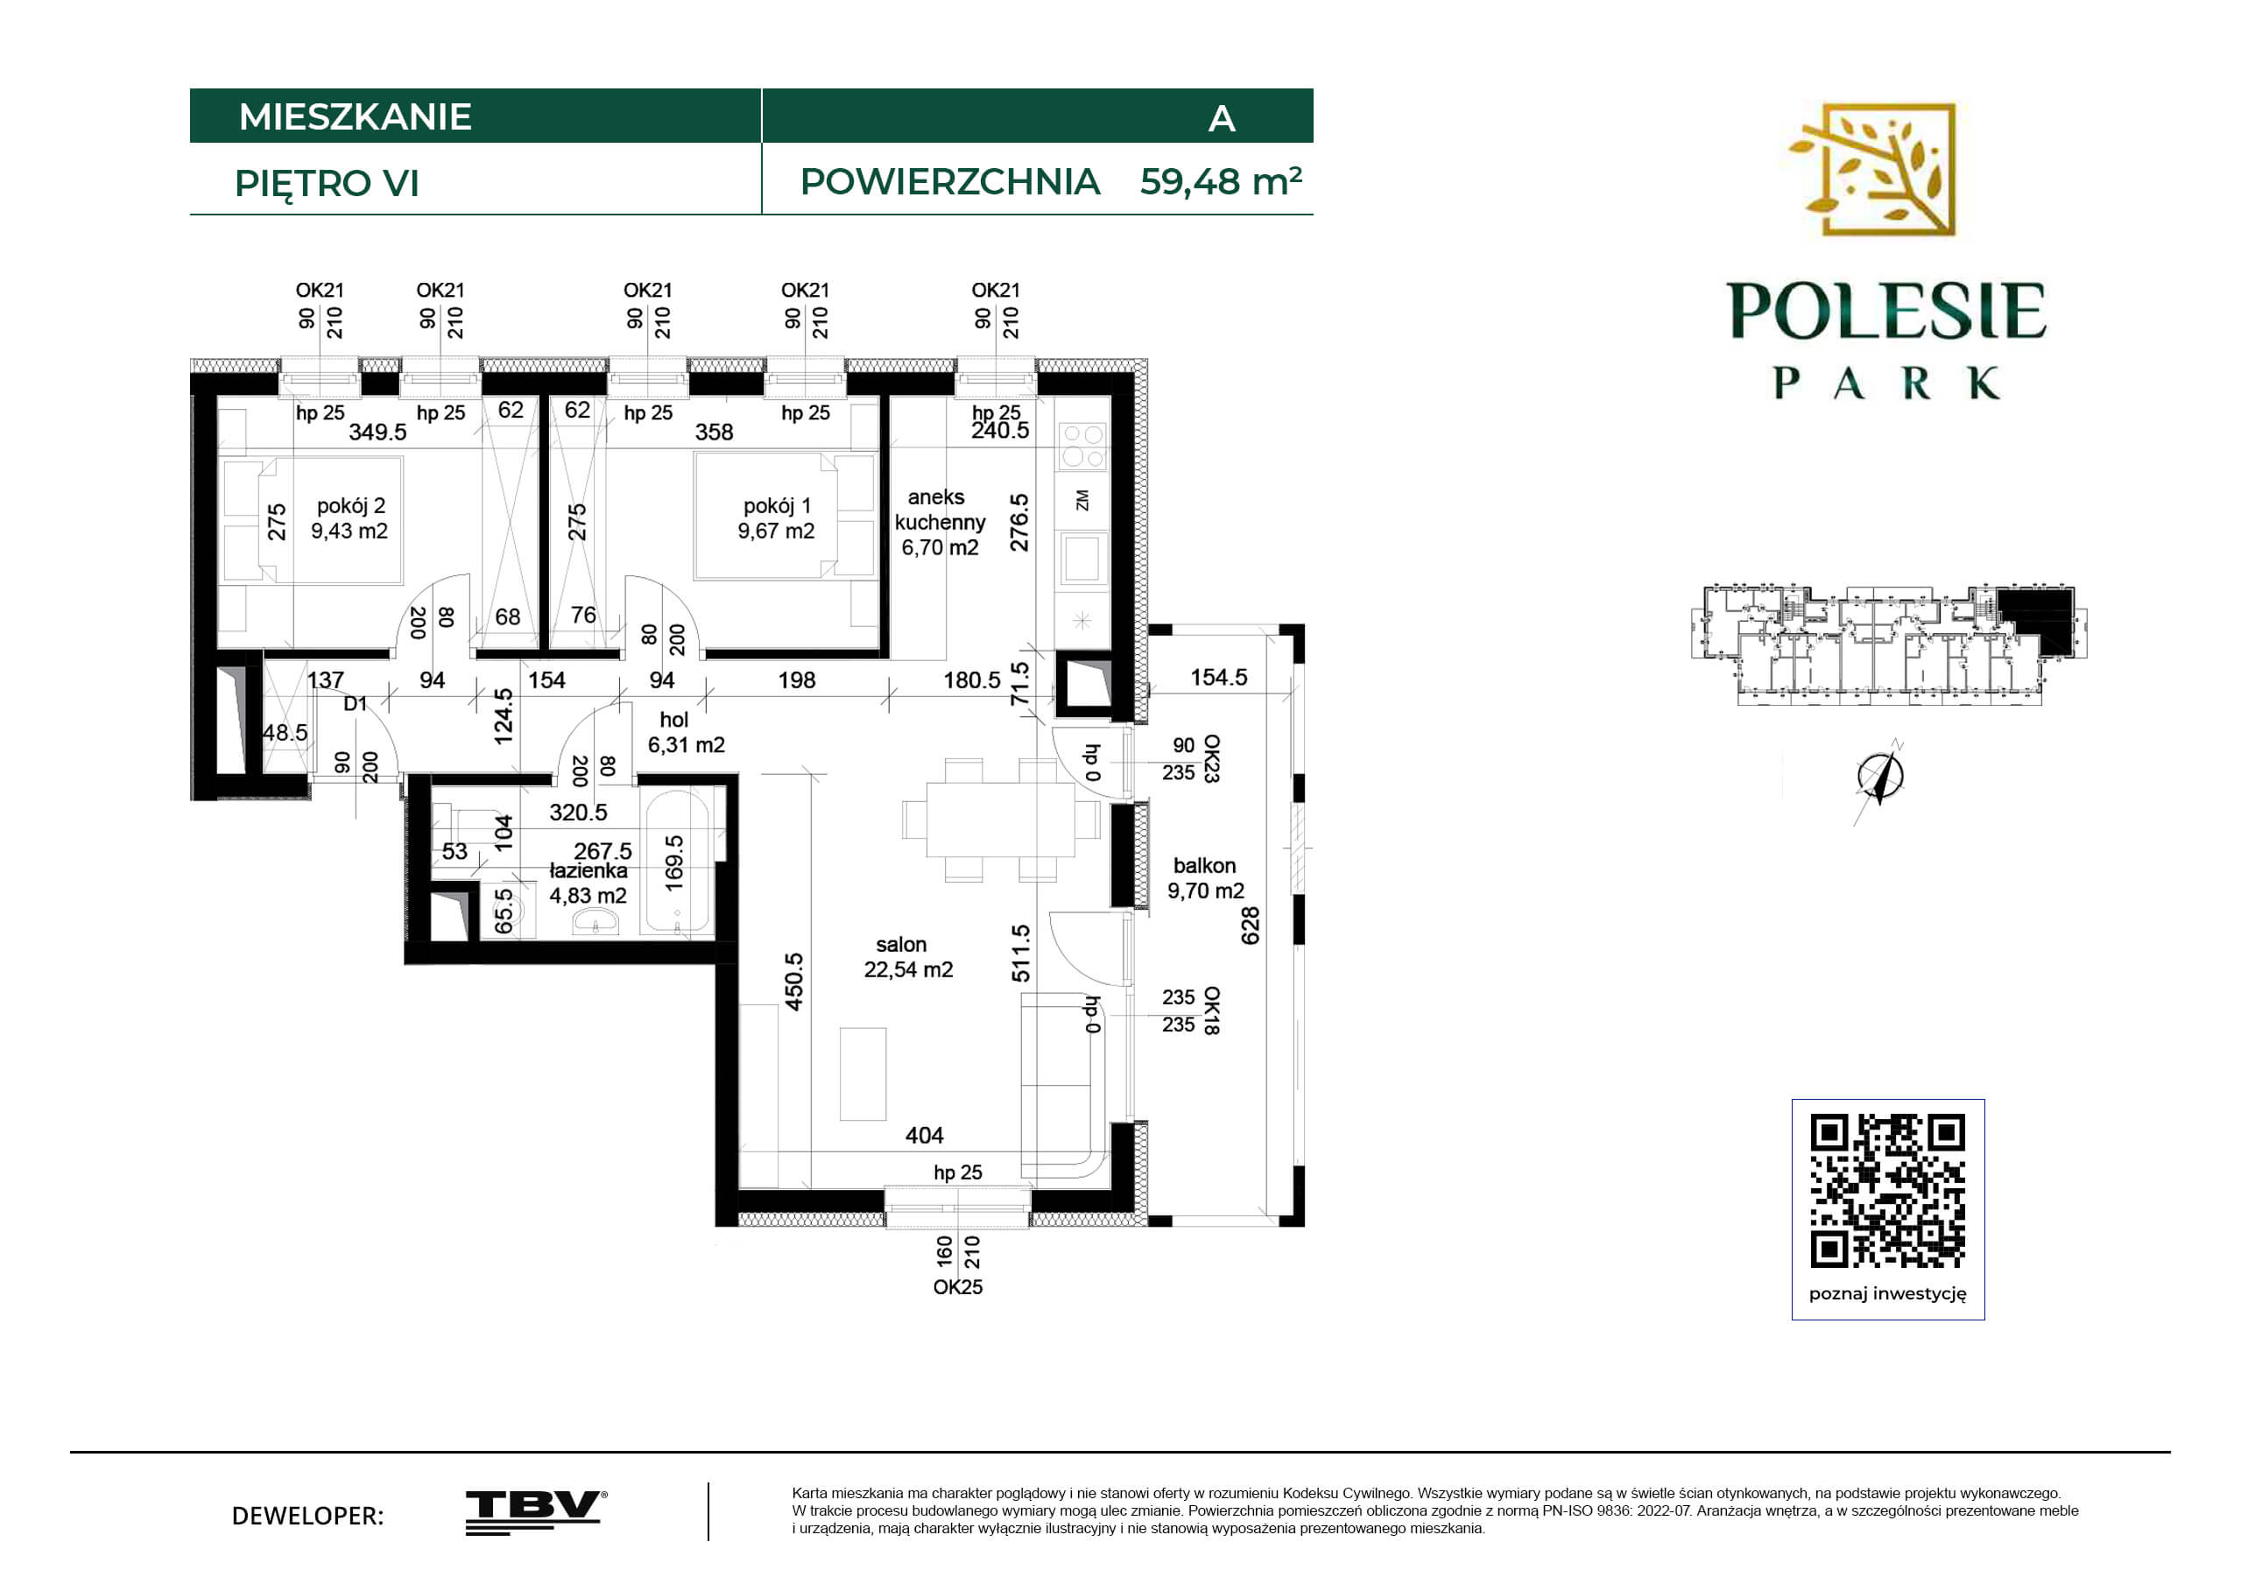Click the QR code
(1888, 1191)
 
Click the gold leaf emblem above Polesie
(1872, 170)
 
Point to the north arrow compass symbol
(1880, 778)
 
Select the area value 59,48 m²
(1220, 180)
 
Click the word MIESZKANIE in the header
(356, 116)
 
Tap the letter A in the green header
(1222, 119)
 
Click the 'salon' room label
(901, 945)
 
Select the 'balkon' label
(1204, 866)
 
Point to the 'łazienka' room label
(588, 870)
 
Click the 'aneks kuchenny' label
(939, 510)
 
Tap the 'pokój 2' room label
(350, 505)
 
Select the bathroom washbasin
(596, 920)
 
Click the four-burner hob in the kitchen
(1082, 446)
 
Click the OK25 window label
(957, 1287)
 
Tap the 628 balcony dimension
(1251, 926)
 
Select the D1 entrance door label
(356, 704)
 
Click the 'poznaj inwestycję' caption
(1888, 1294)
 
